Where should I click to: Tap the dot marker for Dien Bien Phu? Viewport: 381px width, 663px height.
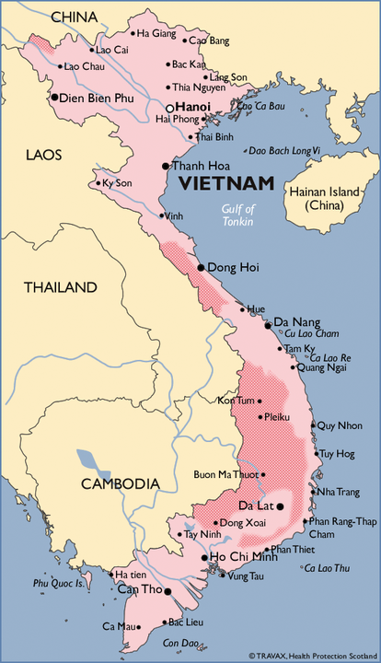click(x=56, y=97)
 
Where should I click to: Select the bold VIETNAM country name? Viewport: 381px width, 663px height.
click(x=226, y=183)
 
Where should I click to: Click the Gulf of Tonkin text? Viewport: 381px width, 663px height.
click(x=237, y=215)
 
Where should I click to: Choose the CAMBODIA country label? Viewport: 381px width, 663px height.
click(x=120, y=483)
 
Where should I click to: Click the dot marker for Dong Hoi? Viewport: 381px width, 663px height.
click(x=201, y=267)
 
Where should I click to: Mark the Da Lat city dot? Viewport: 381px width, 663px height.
click(x=280, y=506)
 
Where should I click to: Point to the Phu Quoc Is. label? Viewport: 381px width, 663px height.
click(x=59, y=583)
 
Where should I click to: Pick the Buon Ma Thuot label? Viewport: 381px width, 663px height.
click(x=225, y=475)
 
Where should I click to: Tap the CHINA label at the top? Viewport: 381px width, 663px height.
click(x=74, y=17)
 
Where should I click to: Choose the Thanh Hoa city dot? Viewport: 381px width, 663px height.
click(x=165, y=166)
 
